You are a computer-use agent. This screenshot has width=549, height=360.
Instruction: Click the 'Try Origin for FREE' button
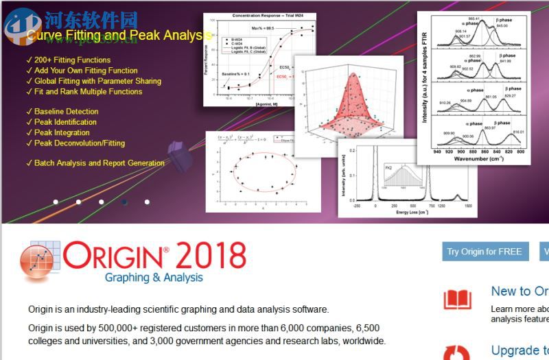[x=484, y=252]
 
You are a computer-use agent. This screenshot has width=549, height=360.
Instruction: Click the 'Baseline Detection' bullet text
[x=66, y=111]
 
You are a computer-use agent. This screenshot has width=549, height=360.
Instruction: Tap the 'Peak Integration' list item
[x=62, y=132]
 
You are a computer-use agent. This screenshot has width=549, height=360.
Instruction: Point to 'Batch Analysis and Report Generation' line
[x=99, y=163]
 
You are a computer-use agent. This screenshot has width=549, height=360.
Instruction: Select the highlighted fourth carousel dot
[x=124, y=202]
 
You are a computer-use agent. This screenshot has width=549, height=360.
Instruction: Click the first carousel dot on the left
[x=56, y=202]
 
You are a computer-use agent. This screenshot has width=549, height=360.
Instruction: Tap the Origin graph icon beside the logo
[x=40, y=263]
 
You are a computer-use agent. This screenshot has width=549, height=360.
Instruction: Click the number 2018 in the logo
[x=211, y=256]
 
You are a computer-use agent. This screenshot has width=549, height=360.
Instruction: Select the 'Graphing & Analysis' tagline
[x=154, y=278]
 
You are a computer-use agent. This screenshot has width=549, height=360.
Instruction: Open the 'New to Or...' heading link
[x=519, y=291]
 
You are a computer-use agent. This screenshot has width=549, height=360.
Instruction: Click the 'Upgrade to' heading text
[x=519, y=350]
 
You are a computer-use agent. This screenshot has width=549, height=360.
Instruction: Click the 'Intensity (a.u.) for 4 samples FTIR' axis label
[x=425, y=81]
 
